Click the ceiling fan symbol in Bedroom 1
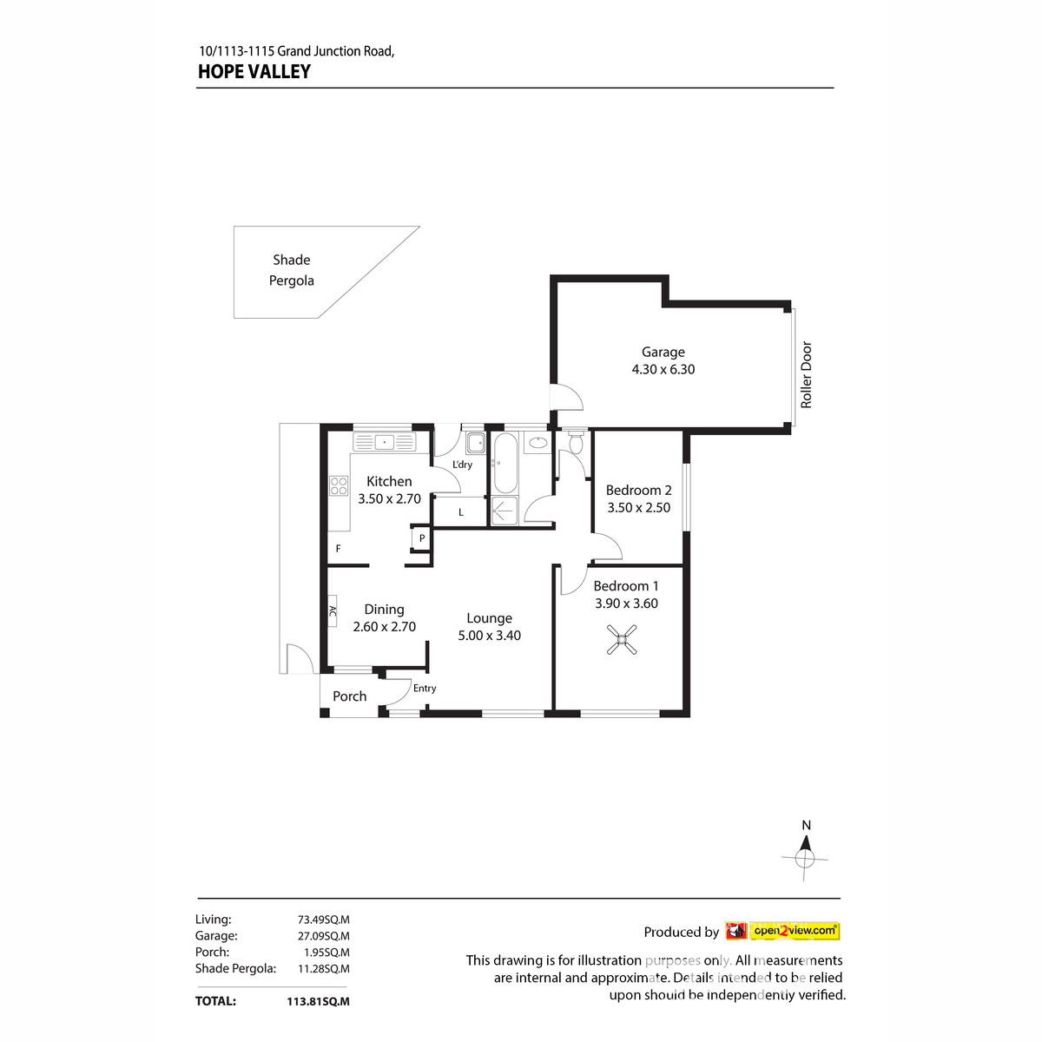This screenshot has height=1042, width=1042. tap(621, 643)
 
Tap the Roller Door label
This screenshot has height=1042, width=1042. tap(806, 375)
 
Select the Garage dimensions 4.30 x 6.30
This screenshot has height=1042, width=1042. tap(663, 369)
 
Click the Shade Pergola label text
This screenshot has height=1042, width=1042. tap(292, 270)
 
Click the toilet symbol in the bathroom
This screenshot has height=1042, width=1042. tap(575, 443)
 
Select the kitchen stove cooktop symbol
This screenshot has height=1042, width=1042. tap(339, 485)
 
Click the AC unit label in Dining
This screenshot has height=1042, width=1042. tap(333, 611)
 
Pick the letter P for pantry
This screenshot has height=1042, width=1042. tap(422, 538)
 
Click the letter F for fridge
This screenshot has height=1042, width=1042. tap(339, 549)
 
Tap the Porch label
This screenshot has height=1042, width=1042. tap(349, 696)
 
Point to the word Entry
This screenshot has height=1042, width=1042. tap(425, 689)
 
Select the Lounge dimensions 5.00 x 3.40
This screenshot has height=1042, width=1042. tap(490, 636)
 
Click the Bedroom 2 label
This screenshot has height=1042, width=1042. tap(638, 491)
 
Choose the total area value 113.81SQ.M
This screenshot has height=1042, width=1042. tap(318, 1001)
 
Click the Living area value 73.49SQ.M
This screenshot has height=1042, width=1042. tap(323, 920)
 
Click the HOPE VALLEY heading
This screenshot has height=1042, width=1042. tap(254, 72)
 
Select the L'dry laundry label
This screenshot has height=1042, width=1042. tap(463, 465)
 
